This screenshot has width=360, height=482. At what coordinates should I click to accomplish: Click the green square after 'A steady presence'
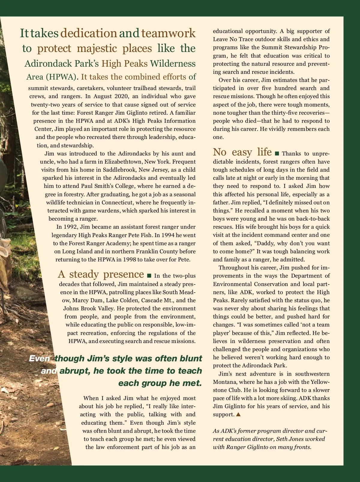pos(149,276)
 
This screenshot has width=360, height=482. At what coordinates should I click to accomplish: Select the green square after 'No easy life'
pos(277,154)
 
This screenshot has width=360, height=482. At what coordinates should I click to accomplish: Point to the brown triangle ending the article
pos(238,414)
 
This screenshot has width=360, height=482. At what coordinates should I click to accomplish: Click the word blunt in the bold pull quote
pos(191,358)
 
